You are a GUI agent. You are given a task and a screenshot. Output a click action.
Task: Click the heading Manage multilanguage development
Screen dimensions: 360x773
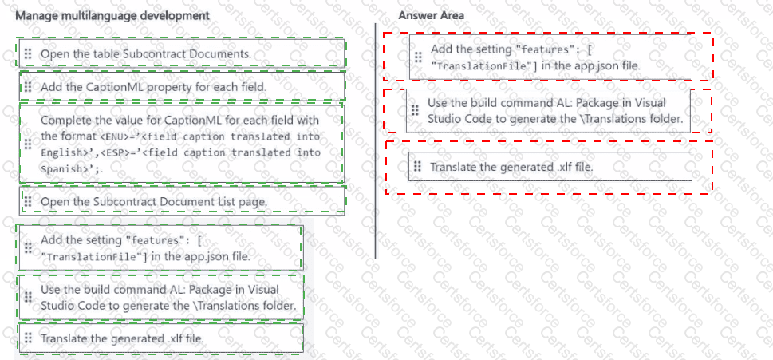click(x=112, y=16)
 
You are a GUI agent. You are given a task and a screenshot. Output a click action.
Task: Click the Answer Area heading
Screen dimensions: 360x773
click(x=431, y=16)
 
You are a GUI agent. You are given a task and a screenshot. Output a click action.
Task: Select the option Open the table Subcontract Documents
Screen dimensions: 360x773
click(x=145, y=53)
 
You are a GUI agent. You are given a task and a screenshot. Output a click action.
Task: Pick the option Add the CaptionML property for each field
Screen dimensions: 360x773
click(x=153, y=86)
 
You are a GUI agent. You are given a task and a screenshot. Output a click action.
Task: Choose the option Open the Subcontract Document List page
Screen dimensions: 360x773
click(x=153, y=201)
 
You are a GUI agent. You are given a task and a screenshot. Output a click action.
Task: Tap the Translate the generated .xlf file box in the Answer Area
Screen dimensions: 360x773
click(x=511, y=167)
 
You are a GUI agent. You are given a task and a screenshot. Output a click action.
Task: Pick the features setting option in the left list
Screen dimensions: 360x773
click(x=145, y=248)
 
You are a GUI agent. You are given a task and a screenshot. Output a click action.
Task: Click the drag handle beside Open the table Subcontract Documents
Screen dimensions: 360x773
click(x=27, y=53)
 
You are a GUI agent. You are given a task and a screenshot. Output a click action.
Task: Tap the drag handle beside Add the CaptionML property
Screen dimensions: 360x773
click(x=27, y=86)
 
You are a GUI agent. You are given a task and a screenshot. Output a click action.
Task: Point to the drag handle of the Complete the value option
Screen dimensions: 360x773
click(x=27, y=144)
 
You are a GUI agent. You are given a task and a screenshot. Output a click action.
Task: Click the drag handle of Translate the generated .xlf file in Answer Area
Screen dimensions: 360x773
click(x=417, y=167)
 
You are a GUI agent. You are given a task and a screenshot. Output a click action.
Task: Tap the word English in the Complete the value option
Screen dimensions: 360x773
click(x=61, y=152)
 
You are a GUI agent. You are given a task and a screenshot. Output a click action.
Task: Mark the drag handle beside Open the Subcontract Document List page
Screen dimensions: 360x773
click(x=27, y=201)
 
